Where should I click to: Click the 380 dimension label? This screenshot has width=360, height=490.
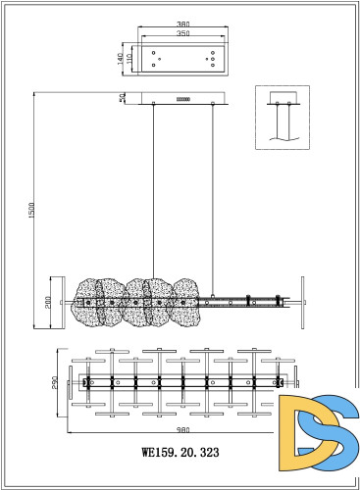(x=183, y=24)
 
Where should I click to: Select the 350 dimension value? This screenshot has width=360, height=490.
(x=183, y=33)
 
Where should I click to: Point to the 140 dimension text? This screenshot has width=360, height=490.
(x=121, y=59)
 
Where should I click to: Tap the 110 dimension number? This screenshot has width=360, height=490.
(x=129, y=59)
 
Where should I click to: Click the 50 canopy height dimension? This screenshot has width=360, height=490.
(x=123, y=98)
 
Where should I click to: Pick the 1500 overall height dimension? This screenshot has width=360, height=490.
(x=31, y=210)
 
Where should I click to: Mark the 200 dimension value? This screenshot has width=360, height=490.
(x=48, y=303)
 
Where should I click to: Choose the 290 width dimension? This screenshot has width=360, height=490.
(x=55, y=382)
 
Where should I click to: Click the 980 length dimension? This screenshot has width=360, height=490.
(x=183, y=430)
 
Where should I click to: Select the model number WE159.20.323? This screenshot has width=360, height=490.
(x=180, y=452)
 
